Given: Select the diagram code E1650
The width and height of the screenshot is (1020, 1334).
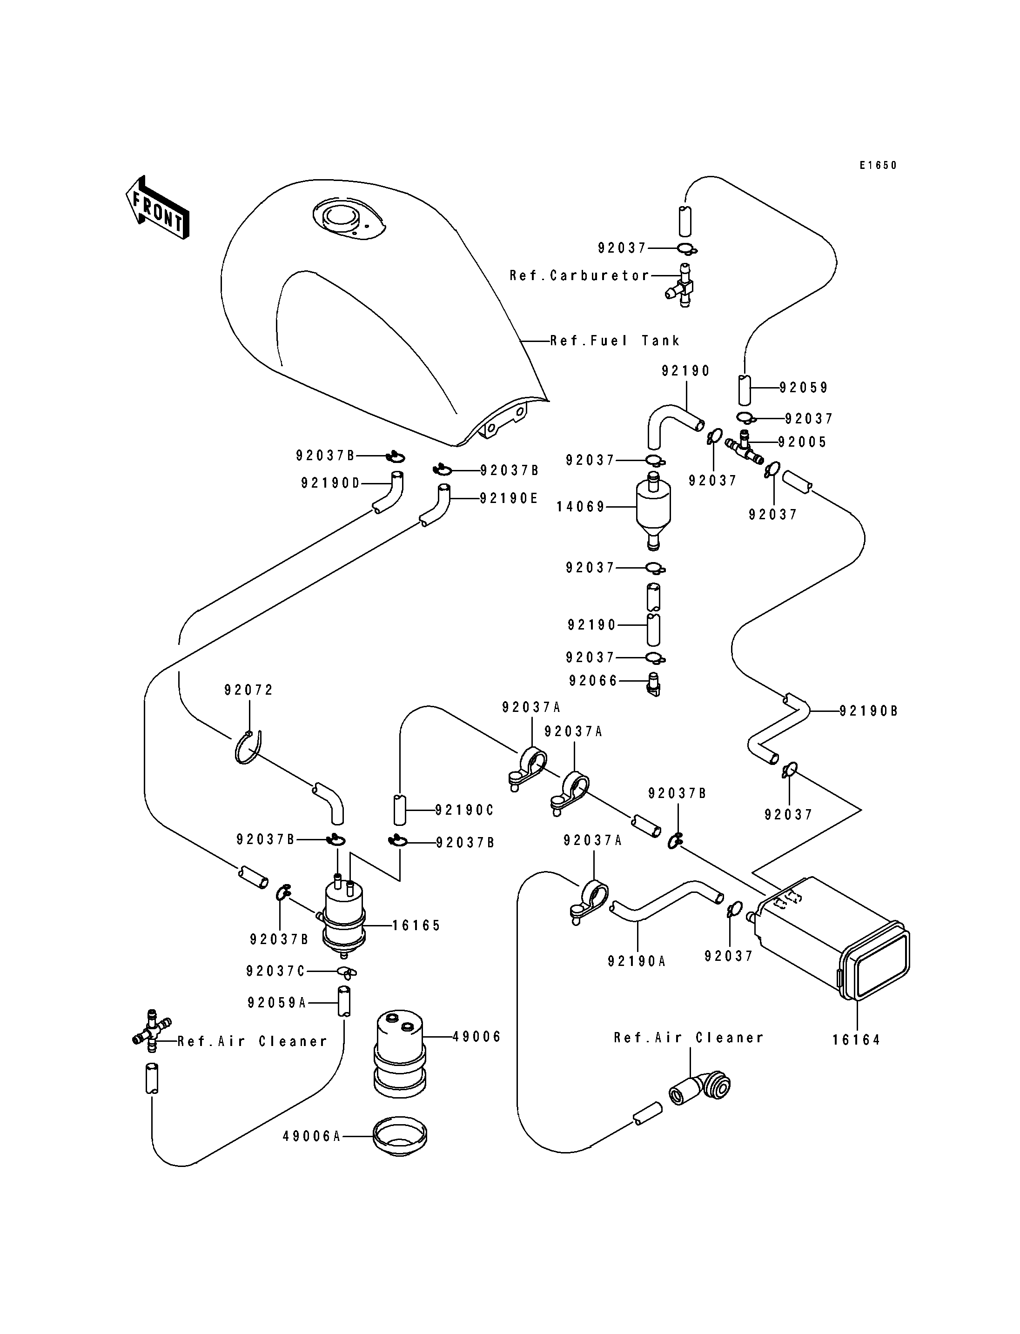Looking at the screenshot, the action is click(878, 165).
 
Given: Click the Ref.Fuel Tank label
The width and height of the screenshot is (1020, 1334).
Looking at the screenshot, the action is click(616, 341).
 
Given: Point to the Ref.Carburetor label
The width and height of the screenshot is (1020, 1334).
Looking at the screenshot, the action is click(580, 275).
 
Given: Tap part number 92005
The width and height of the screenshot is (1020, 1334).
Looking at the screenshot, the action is click(803, 442).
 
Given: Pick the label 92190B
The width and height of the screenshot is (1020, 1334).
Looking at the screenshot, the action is click(869, 711).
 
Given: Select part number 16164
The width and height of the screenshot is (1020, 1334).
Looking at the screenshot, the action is click(856, 1040).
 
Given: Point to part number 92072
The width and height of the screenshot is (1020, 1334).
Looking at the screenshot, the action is click(249, 690).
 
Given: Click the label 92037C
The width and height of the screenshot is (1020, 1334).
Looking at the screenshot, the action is click(275, 972).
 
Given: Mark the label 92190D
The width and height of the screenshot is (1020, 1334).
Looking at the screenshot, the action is click(330, 483).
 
